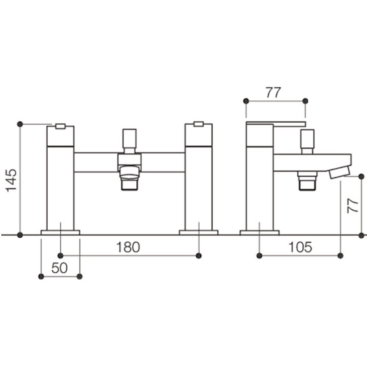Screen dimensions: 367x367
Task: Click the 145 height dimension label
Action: coord(11,180)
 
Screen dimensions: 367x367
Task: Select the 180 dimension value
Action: coord(128,247)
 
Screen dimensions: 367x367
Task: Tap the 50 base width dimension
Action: coord(59,268)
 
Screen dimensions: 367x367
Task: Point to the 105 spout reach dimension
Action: coord(300,247)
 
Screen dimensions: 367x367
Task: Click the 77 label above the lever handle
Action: coord(273,92)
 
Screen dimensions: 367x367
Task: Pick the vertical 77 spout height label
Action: coord(353,206)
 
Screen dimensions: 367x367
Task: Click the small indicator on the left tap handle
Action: coord(60,126)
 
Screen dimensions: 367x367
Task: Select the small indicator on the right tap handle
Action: coord(199,124)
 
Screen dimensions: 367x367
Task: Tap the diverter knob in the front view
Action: coord(129,139)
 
